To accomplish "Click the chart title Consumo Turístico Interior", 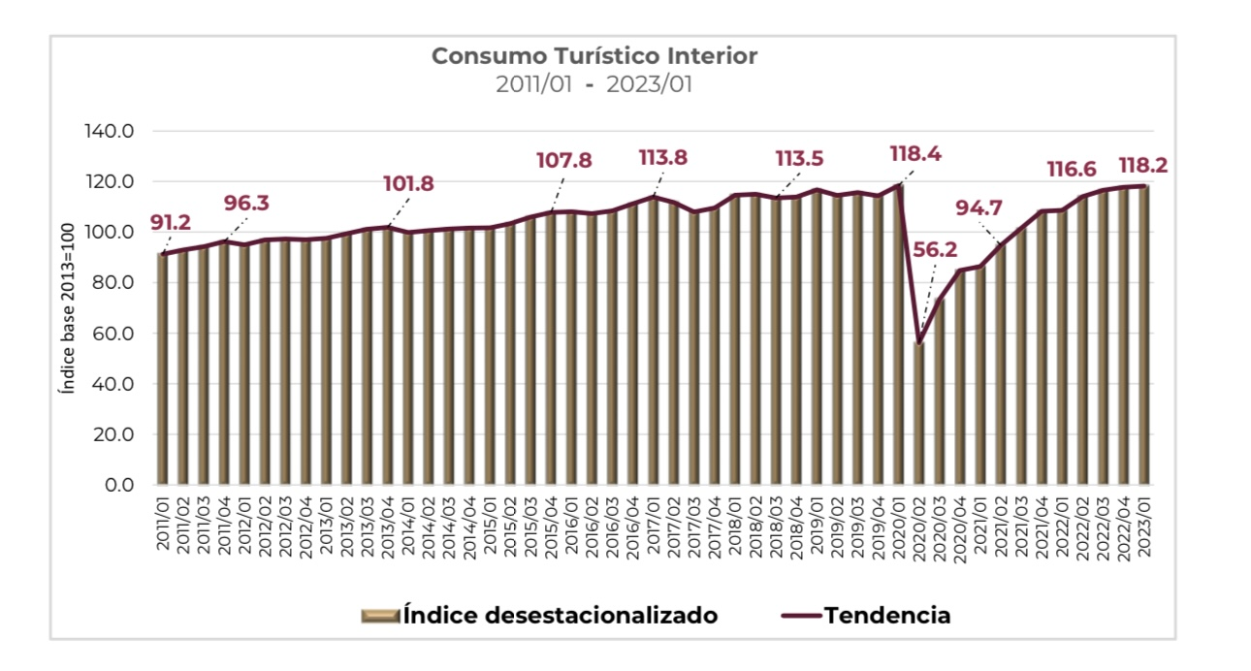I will (593, 55).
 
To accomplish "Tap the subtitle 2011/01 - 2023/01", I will (593, 84).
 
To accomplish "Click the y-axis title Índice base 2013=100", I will (67, 308).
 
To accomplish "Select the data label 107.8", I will (563, 160).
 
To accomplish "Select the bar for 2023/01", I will (1143, 335).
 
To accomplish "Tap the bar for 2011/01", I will (163, 368).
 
